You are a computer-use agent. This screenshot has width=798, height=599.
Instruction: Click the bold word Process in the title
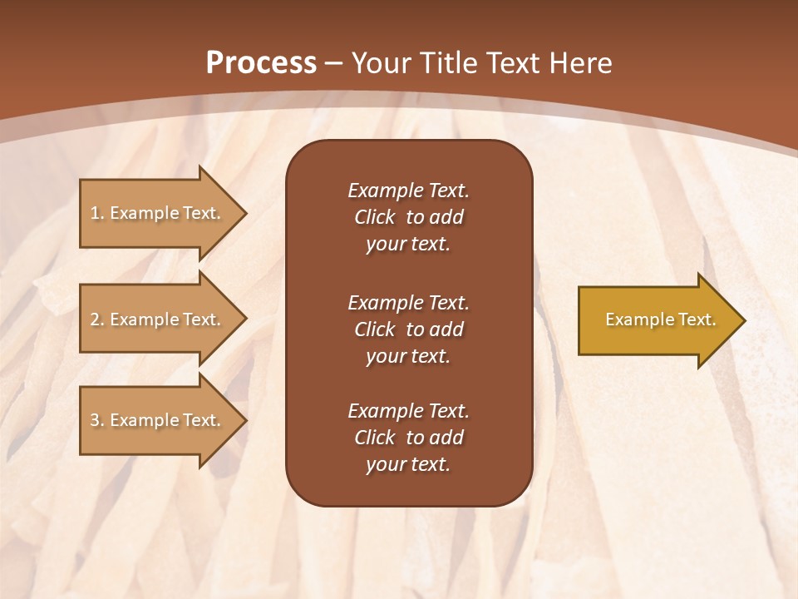(x=261, y=63)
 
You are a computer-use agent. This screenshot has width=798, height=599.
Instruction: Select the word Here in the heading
(x=577, y=63)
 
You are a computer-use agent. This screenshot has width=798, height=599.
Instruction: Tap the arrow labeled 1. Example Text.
(x=158, y=213)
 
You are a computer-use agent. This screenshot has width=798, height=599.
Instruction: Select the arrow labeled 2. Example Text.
(x=158, y=319)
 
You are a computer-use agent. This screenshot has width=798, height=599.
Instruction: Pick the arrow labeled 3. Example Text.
(x=158, y=420)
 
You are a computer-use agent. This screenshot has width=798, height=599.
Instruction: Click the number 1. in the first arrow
(x=97, y=213)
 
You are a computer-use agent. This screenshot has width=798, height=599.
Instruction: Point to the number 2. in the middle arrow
(x=97, y=319)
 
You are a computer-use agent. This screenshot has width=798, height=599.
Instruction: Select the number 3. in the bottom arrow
(x=97, y=420)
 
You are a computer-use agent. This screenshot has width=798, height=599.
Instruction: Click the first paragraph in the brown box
(x=408, y=217)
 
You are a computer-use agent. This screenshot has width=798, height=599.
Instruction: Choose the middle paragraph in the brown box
(x=408, y=329)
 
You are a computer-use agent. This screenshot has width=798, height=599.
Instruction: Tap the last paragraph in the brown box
(x=408, y=438)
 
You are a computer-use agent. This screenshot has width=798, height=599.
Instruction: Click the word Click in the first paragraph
(x=374, y=217)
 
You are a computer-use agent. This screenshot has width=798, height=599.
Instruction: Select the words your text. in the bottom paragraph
(x=408, y=464)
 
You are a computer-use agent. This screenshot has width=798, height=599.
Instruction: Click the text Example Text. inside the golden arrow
(x=660, y=319)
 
